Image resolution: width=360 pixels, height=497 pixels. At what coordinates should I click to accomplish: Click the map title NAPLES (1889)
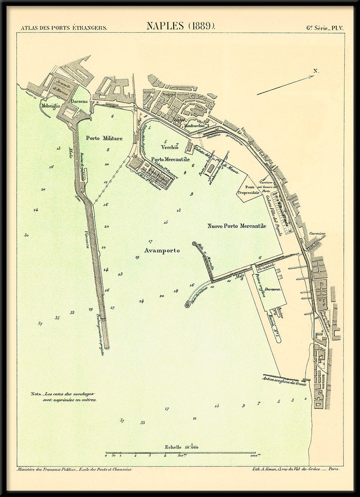[x=181, y=26]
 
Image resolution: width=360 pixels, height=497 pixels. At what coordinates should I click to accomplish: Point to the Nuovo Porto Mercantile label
[x=237, y=226]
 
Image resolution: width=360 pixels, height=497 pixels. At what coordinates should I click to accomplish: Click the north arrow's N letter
[x=316, y=71]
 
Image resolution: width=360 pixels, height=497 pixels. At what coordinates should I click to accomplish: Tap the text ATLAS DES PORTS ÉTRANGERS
[x=64, y=27]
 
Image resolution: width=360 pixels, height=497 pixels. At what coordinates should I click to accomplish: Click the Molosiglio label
[x=50, y=106]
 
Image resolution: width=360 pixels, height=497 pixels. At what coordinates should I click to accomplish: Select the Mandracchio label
[x=194, y=127]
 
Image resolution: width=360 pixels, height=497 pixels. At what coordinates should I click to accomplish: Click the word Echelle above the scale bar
[x=173, y=447]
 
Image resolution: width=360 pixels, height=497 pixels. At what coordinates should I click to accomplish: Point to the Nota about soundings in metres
[x=63, y=397]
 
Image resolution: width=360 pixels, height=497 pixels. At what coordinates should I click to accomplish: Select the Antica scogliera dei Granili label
[x=284, y=381]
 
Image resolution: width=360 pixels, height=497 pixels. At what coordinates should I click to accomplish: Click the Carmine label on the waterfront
[x=317, y=234]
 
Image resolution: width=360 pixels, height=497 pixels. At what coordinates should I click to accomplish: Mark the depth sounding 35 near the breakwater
[x=57, y=318]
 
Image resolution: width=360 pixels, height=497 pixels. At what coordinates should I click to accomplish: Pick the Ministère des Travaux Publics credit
[x=74, y=469]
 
